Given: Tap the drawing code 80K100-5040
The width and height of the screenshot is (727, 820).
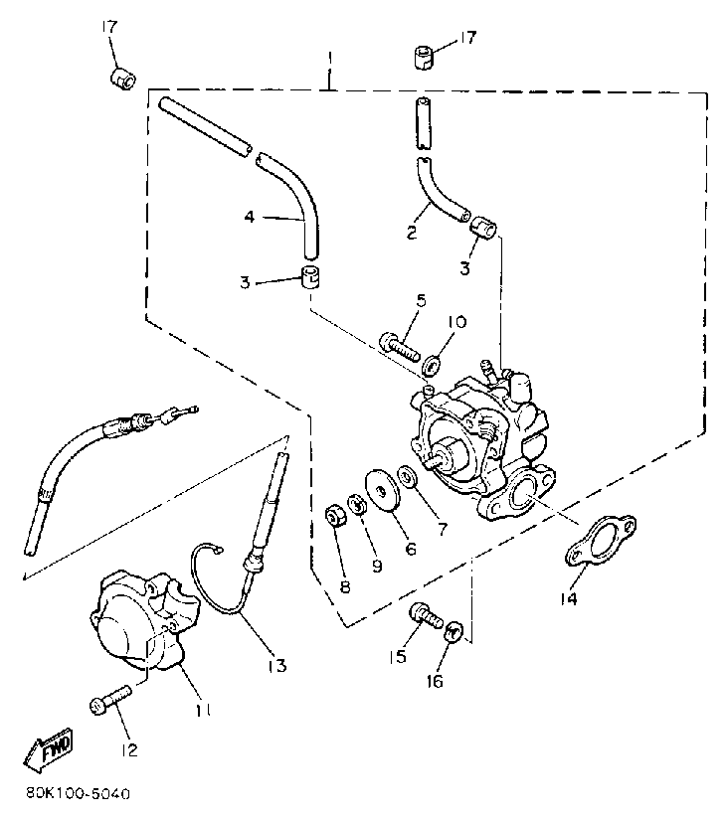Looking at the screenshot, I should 80,795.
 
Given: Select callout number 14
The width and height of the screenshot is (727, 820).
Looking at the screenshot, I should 567,598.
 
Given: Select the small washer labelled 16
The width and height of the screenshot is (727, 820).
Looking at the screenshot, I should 453,630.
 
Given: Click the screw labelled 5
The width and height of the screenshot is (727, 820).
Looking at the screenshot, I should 401,344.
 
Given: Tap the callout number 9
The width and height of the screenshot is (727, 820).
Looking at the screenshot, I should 376,566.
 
